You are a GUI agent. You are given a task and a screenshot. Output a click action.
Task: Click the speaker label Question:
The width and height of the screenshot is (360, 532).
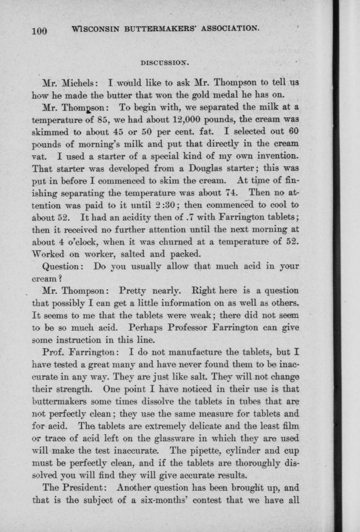click(x=62, y=266)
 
